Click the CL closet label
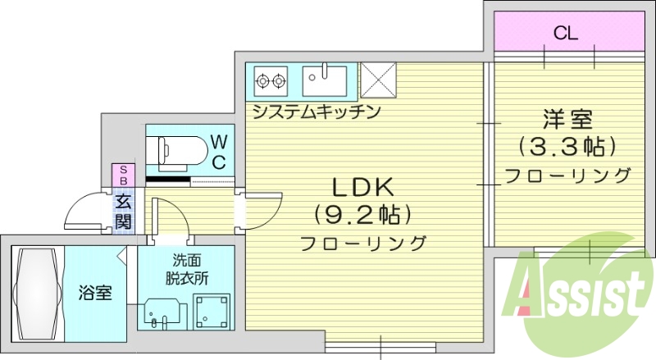(x=565, y=34)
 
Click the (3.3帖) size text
(x=567, y=148)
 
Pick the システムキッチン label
(x=316, y=111)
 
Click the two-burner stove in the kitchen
(x=271, y=80)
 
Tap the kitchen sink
(x=325, y=80)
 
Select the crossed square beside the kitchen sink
(x=378, y=80)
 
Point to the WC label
(x=219, y=152)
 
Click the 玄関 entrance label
(x=123, y=210)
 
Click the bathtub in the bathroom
(x=37, y=293)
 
